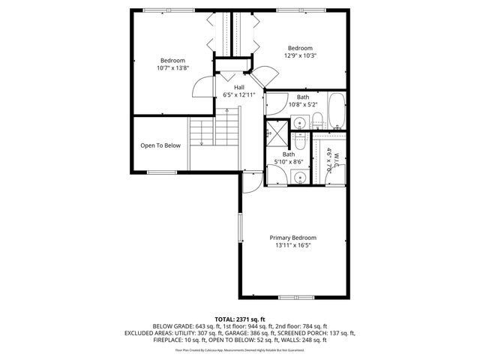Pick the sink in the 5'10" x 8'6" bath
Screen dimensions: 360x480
(x=298, y=177)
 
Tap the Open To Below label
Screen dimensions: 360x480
(x=160, y=145)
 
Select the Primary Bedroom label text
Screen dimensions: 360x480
(x=293, y=237)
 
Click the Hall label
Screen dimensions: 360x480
(x=239, y=88)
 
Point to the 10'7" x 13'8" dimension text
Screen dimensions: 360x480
(x=172, y=68)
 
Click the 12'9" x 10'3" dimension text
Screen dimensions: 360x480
(x=301, y=55)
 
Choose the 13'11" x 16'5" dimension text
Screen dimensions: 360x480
(x=293, y=245)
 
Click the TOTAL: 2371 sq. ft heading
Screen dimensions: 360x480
(x=240, y=319)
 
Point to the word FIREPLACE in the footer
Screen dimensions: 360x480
(x=168, y=340)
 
